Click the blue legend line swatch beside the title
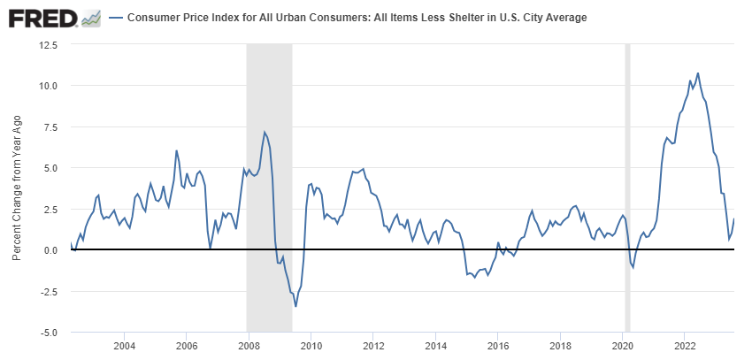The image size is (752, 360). (115, 18)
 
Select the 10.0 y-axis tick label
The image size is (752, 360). (47, 86)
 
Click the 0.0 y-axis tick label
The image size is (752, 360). (50, 250)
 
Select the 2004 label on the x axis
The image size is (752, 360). (124, 345)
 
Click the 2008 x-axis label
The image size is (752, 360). (249, 345)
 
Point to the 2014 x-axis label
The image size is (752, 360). (436, 345)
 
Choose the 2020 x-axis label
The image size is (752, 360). (623, 345)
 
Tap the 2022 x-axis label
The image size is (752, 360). (686, 345)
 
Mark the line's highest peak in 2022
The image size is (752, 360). (698, 73)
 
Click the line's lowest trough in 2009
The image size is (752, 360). (295, 306)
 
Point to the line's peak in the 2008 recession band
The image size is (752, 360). (265, 133)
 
